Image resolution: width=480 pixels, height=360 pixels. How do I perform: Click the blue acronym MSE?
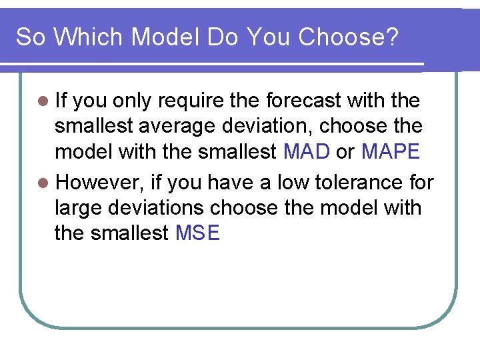point(197,233)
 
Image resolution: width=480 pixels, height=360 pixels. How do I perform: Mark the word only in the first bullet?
point(133,101)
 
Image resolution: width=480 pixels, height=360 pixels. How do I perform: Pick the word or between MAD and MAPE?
point(345,152)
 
